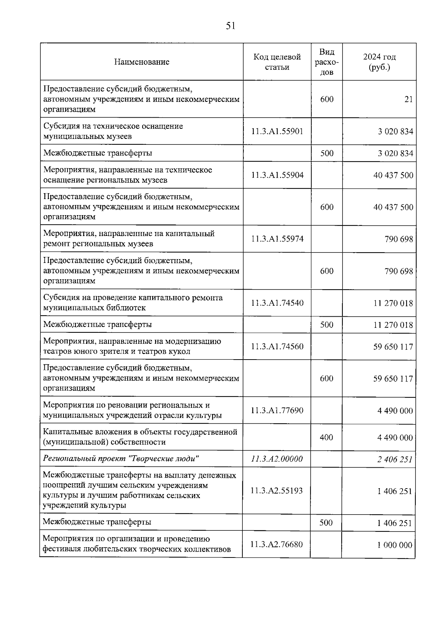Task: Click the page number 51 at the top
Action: point(230,26)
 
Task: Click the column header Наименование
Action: point(142,62)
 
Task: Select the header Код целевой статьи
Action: point(277,62)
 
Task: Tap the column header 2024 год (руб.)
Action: point(379,62)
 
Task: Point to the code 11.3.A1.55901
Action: point(277,131)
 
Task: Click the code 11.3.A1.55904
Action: point(277,175)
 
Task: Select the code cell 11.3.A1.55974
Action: point(277,239)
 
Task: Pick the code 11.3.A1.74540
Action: point(277,303)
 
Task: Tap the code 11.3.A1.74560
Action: point(277,346)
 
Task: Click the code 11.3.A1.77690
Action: point(277,411)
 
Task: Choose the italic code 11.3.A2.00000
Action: point(276,459)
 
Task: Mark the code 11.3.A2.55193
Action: point(276,491)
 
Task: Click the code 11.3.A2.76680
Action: point(276,545)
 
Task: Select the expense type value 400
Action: point(326,437)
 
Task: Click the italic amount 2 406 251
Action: point(395,459)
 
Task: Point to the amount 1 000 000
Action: point(395,545)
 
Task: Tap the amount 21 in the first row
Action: point(408,99)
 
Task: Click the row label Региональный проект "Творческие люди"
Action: point(121,459)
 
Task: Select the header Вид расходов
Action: point(327,62)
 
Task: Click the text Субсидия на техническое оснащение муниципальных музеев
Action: point(113,131)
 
